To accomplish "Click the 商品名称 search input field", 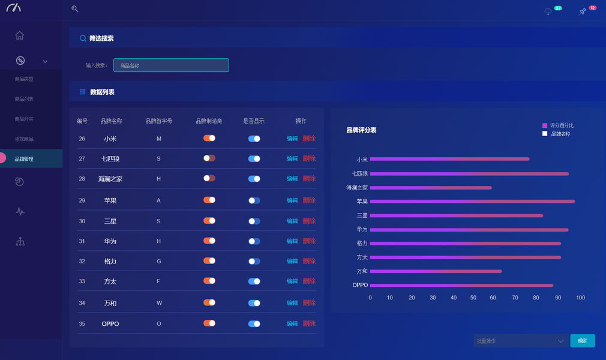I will pyautogui.click(x=171, y=65).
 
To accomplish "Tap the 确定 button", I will pyautogui.click(x=582, y=341).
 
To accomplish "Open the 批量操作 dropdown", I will pyautogui.click(x=520, y=341).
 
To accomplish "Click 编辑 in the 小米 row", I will pyautogui.click(x=292, y=139).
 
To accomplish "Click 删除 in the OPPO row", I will pyautogui.click(x=309, y=323).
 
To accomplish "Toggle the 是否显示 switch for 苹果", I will pyautogui.click(x=254, y=200).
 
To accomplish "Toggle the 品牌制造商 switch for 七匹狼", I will pyautogui.click(x=209, y=158).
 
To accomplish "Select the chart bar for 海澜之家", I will pyautogui.click(x=430, y=188).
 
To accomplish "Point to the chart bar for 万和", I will pyautogui.click(x=436, y=271).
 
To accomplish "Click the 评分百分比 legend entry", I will pyautogui.click(x=558, y=125).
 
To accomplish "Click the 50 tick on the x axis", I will pyautogui.click(x=473, y=298).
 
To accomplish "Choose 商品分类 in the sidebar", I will pyautogui.click(x=24, y=119).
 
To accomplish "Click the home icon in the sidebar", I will pyautogui.click(x=20, y=35).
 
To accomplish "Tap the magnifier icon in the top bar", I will pyautogui.click(x=75, y=9).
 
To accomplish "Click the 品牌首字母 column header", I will pyautogui.click(x=158, y=121).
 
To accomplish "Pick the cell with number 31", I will pyautogui.click(x=82, y=241).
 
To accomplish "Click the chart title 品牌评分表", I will pyautogui.click(x=361, y=130).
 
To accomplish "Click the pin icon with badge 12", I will pyautogui.click(x=582, y=11).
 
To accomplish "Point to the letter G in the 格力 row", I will pyautogui.click(x=158, y=261).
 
